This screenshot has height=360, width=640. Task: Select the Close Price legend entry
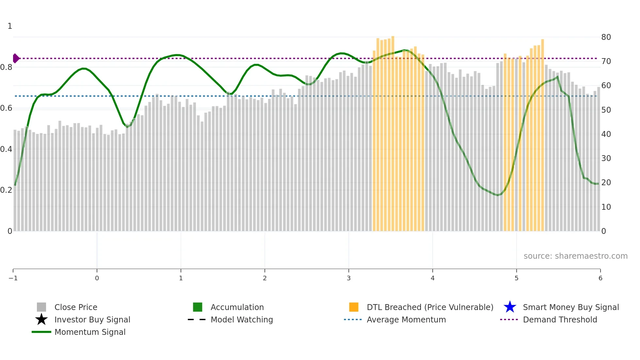pos(76,307)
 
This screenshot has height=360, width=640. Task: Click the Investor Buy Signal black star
pos(41,319)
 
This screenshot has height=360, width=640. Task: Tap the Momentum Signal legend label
pos(90,332)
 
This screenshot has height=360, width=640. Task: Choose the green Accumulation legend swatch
pos(198,307)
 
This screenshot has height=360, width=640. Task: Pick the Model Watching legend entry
pos(242,319)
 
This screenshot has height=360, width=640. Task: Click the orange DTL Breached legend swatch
pos(354,307)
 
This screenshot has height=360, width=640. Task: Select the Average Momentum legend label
pos(406,319)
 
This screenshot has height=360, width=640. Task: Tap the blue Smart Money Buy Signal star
pos(510,307)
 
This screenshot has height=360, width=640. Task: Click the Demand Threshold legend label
pos(560,319)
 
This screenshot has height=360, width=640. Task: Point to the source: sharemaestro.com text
pos(575,256)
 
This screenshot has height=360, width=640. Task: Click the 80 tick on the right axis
pos(606,37)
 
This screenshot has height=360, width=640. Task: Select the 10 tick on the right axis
pos(606,207)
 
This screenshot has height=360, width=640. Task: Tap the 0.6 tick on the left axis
pos(6,108)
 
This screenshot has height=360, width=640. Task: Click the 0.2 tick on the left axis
pos(6,190)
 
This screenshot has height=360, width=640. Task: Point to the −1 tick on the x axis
pos(13,278)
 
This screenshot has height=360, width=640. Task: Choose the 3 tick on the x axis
pos(349,278)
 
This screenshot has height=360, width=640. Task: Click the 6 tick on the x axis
pos(600,278)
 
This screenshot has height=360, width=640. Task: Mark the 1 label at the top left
pos(10,26)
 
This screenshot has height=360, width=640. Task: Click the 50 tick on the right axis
pos(606,110)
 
